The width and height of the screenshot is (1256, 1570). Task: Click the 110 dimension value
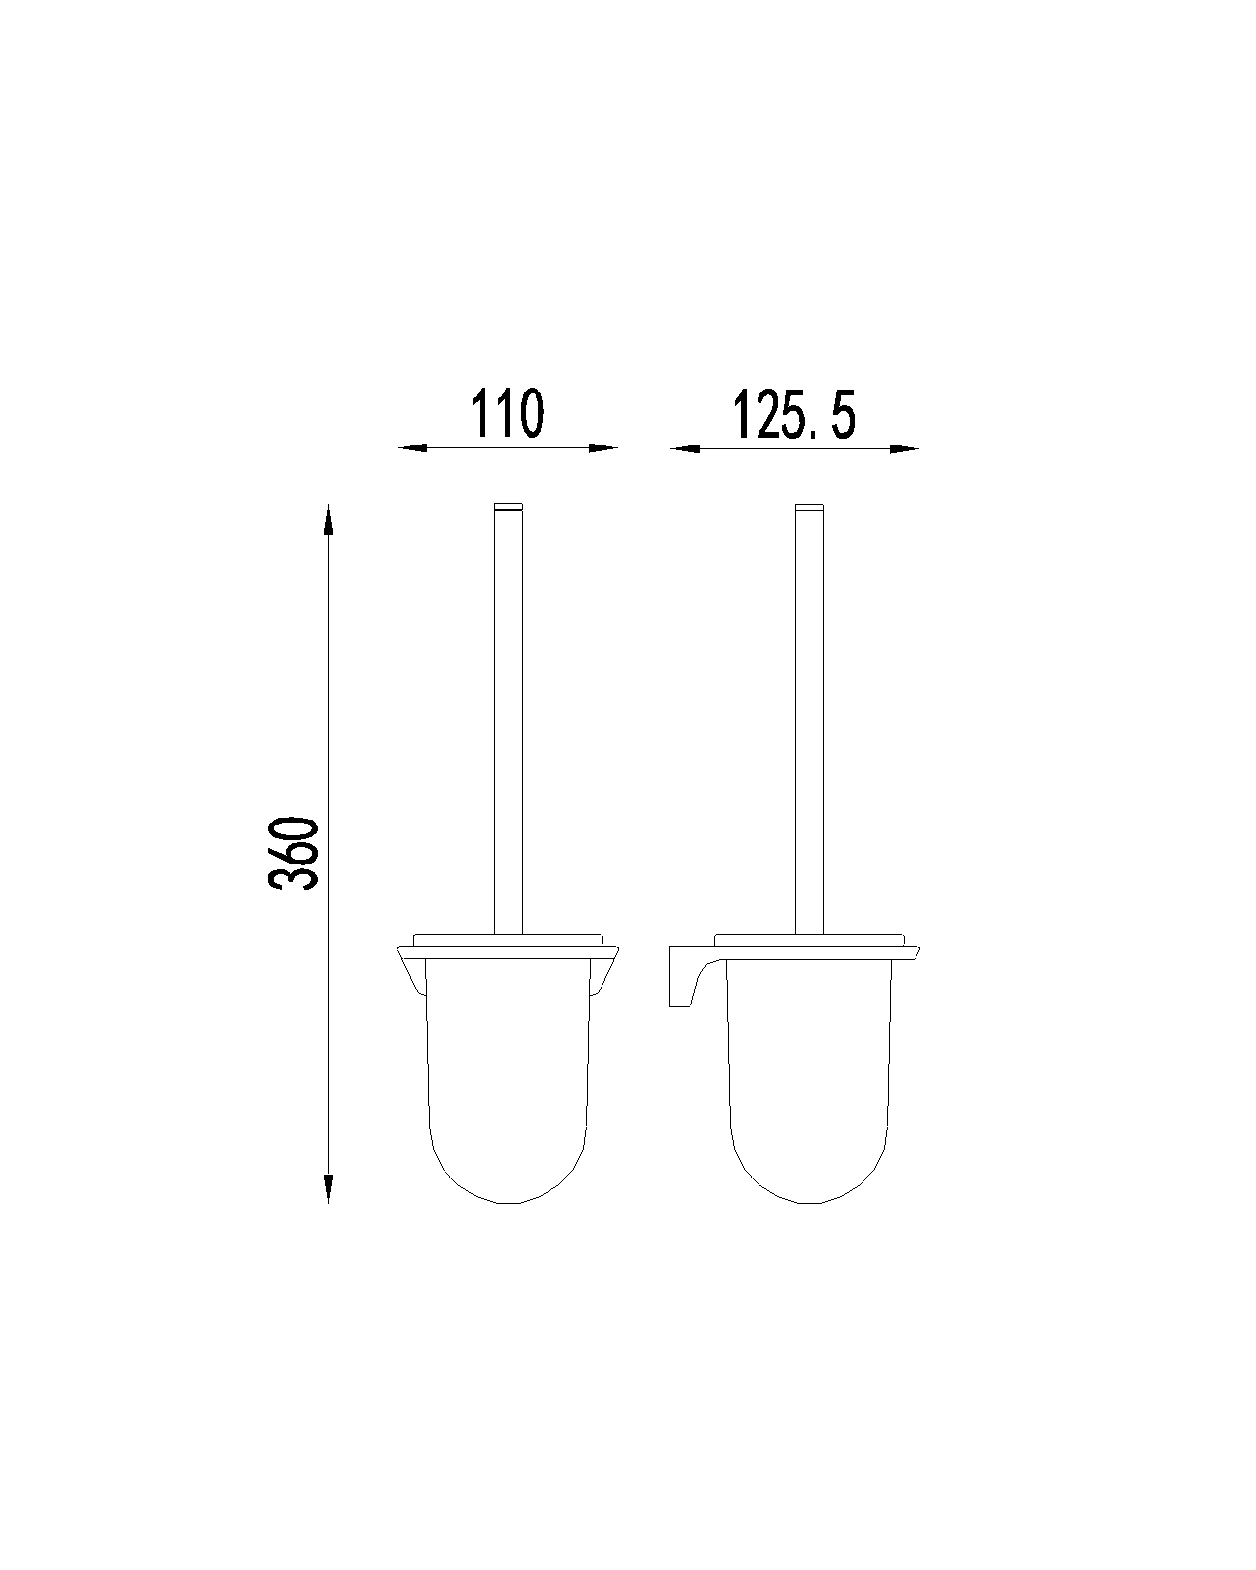pyautogui.click(x=506, y=413)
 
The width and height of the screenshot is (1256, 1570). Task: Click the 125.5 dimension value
pyautogui.click(x=793, y=414)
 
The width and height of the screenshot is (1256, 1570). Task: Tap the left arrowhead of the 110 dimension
pyautogui.click(x=412, y=448)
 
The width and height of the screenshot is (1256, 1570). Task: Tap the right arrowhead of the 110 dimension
pyautogui.click(x=603, y=448)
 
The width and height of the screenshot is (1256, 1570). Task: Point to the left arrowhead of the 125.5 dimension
pyautogui.click(x=685, y=448)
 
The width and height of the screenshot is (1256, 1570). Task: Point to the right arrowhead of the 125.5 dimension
pyautogui.click(x=905, y=448)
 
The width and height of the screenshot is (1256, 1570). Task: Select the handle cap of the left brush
pyautogui.click(x=508, y=507)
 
